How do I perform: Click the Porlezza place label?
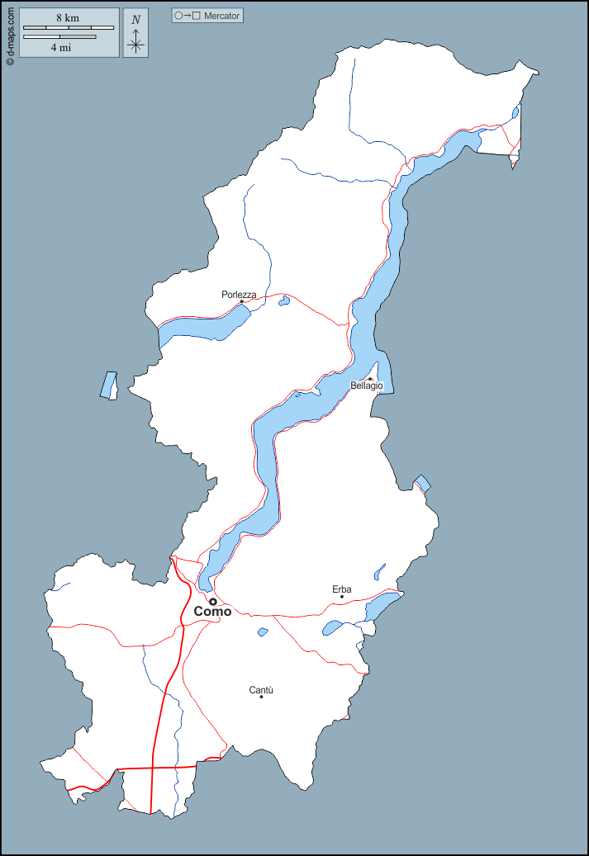[x=239, y=295]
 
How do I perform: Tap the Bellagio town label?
[x=367, y=386]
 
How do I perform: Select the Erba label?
[x=342, y=589]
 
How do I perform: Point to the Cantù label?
[x=261, y=690]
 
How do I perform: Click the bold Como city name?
[x=212, y=612]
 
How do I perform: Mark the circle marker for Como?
[x=212, y=601]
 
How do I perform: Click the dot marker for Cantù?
[x=261, y=698]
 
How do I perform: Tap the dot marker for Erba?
[x=341, y=597]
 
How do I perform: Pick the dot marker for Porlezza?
[x=241, y=301]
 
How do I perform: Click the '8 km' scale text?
[x=68, y=17]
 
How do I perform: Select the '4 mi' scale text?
[x=59, y=47]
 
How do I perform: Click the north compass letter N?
[x=136, y=19]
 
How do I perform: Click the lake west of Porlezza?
[x=202, y=326]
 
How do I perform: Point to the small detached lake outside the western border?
[x=108, y=385]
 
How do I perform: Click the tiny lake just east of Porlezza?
[x=284, y=301]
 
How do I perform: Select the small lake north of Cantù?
[x=263, y=632]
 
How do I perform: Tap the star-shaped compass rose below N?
[x=136, y=45]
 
